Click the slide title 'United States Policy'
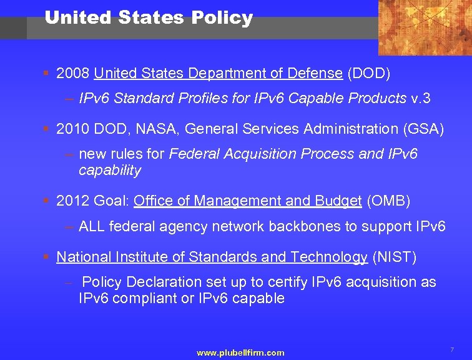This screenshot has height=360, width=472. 149,18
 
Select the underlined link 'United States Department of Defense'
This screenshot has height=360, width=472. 218,74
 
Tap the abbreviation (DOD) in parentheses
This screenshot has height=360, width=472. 369,74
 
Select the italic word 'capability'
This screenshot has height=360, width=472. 110,170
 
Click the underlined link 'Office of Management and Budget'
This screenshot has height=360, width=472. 247,201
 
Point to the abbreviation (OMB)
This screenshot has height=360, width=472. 390,201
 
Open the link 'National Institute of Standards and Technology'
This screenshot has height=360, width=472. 212,257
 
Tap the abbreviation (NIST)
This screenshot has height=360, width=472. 394,257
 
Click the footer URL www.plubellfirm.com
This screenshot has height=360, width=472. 240,353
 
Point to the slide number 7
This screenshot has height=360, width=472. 451,349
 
